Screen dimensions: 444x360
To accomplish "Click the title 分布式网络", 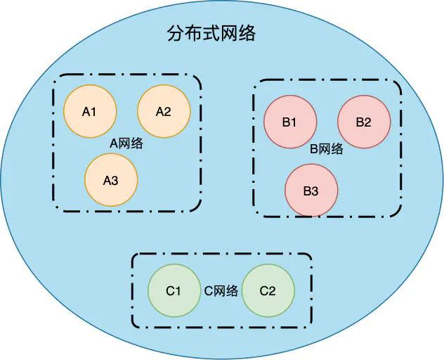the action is point(211,33).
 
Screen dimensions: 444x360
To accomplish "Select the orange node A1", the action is point(90,111).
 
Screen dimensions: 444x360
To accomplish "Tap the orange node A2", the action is point(164,111).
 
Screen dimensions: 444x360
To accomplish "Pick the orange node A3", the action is point(111,180).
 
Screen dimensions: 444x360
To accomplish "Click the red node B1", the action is point(289,122).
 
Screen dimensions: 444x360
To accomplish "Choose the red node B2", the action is point(364,122).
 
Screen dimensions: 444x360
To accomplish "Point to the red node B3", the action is point(311,191).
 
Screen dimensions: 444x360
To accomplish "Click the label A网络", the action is point(127,143).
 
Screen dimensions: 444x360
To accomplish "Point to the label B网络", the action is point(327,148).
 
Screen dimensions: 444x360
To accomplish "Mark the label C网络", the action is point(221,291).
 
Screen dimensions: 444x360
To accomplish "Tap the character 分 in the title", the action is point(175,33).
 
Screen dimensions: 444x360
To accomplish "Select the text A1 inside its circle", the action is point(90,111).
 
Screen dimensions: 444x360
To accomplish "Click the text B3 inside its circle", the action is point(311,191).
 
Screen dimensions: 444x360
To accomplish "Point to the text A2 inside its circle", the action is point(164,111).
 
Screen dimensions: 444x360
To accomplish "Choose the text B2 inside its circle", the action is point(364,122).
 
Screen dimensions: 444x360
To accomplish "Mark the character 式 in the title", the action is point(211,33).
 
